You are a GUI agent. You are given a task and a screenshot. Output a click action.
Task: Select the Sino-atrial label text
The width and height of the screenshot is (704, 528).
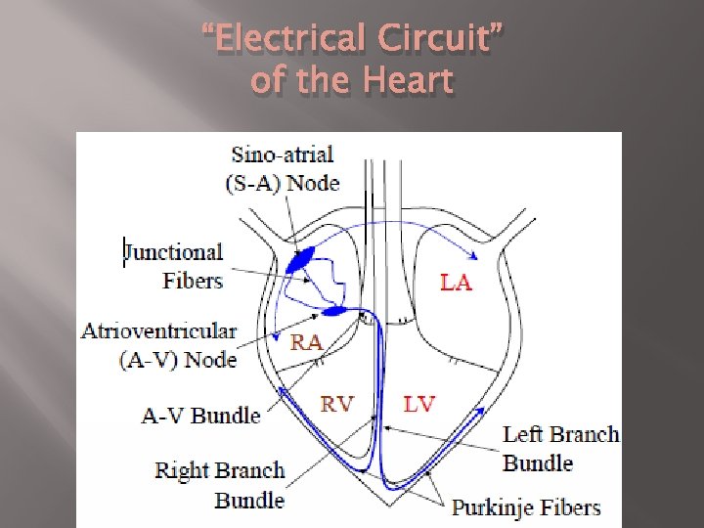pos(283,154)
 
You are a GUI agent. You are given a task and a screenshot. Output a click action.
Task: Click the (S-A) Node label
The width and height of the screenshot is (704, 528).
pos(283,183)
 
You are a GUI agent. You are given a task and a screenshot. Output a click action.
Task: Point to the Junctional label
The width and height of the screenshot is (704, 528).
pos(174,252)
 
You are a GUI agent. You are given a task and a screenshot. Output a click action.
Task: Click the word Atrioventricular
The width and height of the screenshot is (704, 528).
pos(158,330)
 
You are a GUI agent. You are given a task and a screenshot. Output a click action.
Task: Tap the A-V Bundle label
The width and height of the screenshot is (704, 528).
pos(200,416)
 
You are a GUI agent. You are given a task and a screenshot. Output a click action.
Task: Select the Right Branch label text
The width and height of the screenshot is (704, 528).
pos(220,470)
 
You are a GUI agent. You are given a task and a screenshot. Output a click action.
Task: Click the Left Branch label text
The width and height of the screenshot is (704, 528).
pos(561,434)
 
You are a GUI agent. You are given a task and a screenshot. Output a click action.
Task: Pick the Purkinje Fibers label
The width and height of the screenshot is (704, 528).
pos(525,507)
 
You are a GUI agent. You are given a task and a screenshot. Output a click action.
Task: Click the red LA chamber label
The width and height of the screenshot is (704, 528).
pos(456,283)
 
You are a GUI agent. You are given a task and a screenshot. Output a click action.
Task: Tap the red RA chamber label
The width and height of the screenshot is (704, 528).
pos(308,341)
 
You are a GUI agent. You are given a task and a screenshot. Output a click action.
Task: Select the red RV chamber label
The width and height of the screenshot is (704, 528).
pos(337,404)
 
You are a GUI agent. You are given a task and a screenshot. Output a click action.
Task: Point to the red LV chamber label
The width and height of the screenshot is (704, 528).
pos(418,404)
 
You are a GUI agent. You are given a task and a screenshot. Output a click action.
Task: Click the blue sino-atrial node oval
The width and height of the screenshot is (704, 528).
pos(300,259)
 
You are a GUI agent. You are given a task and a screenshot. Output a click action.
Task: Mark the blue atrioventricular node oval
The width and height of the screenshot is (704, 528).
pos(334,311)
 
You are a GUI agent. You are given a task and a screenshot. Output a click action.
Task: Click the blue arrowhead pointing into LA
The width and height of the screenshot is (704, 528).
pos(473,256)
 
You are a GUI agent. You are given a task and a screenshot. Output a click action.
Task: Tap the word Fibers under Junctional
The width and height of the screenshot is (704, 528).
pos(193,281)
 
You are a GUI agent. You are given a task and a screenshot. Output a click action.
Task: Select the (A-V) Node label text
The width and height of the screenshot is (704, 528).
pos(178,359)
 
